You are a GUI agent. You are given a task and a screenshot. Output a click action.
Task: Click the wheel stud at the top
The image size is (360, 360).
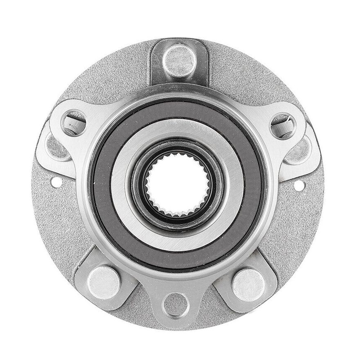pos(179,61)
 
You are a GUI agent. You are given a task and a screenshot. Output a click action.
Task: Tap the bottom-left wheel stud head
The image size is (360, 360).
pos(103,282)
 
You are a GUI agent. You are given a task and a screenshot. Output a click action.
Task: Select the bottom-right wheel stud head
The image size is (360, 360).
pos(248,284)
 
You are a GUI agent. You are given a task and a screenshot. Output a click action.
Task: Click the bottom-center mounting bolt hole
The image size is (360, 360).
pos(176,305)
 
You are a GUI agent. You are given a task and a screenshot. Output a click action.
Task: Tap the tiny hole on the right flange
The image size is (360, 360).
pos(299,185)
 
